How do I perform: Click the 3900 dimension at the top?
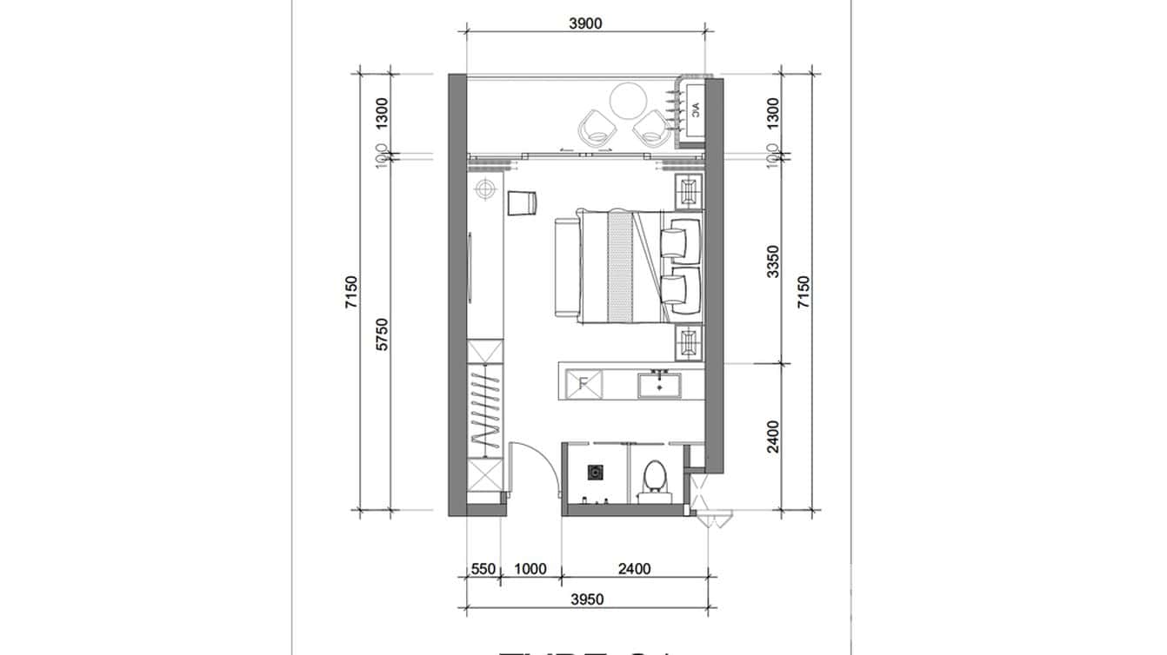pyautogui.click(x=585, y=23)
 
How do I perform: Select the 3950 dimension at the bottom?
pyautogui.click(x=589, y=599)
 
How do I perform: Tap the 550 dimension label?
pyautogui.click(x=483, y=570)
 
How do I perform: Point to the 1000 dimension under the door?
pyautogui.click(x=530, y=570)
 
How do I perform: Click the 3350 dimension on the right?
pyautogui.click(x=773, y=261)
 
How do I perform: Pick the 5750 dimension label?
pyautogui.click(x=381, y=334)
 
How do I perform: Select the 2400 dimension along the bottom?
pyautogui.click(x=634, y=570)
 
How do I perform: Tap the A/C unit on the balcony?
pyautogui.click(x=695, y=109)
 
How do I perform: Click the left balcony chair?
pyautogui.click(x=598, y=128)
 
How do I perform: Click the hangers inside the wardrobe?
pyautogui.click(x=485, y=408)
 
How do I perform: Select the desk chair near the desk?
pyautogui.click(x=521, y=202)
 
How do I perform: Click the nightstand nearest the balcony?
pyautogui.click(x=690, y=191)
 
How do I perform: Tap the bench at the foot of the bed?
pyautogui.click(x=566, y=268)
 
